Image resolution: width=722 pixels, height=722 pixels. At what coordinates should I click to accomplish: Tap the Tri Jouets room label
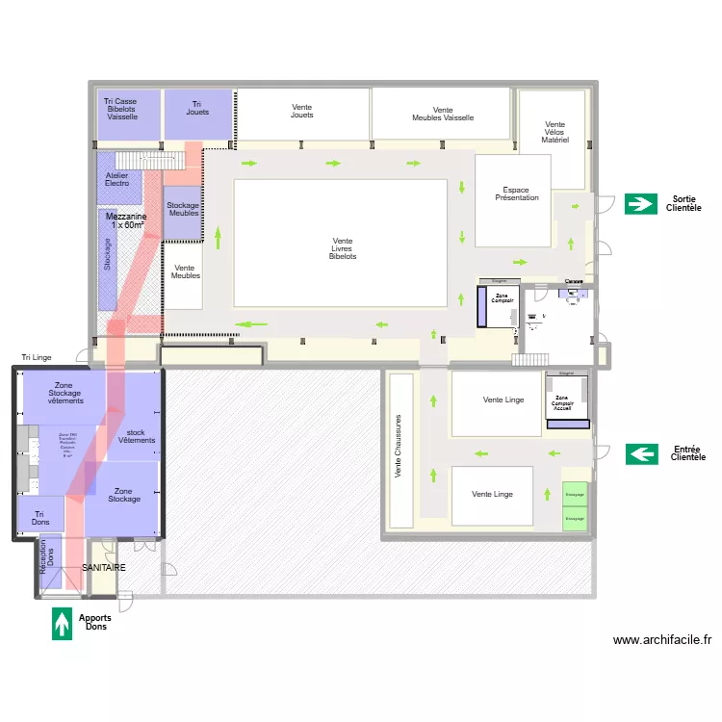197,108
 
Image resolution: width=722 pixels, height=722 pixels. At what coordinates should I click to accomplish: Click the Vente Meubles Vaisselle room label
442,114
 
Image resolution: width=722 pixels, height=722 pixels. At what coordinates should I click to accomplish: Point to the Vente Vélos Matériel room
554,133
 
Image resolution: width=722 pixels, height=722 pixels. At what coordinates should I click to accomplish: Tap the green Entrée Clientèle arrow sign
641,453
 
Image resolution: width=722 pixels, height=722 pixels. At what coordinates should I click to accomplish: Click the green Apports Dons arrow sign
63,623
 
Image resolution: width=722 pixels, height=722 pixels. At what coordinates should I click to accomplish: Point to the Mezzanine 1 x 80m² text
125,221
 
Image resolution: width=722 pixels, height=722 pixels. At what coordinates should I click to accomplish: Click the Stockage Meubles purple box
183,210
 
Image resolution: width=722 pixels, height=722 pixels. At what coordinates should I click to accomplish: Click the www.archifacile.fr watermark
662,639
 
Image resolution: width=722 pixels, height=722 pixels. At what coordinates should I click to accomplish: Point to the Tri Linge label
37,358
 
